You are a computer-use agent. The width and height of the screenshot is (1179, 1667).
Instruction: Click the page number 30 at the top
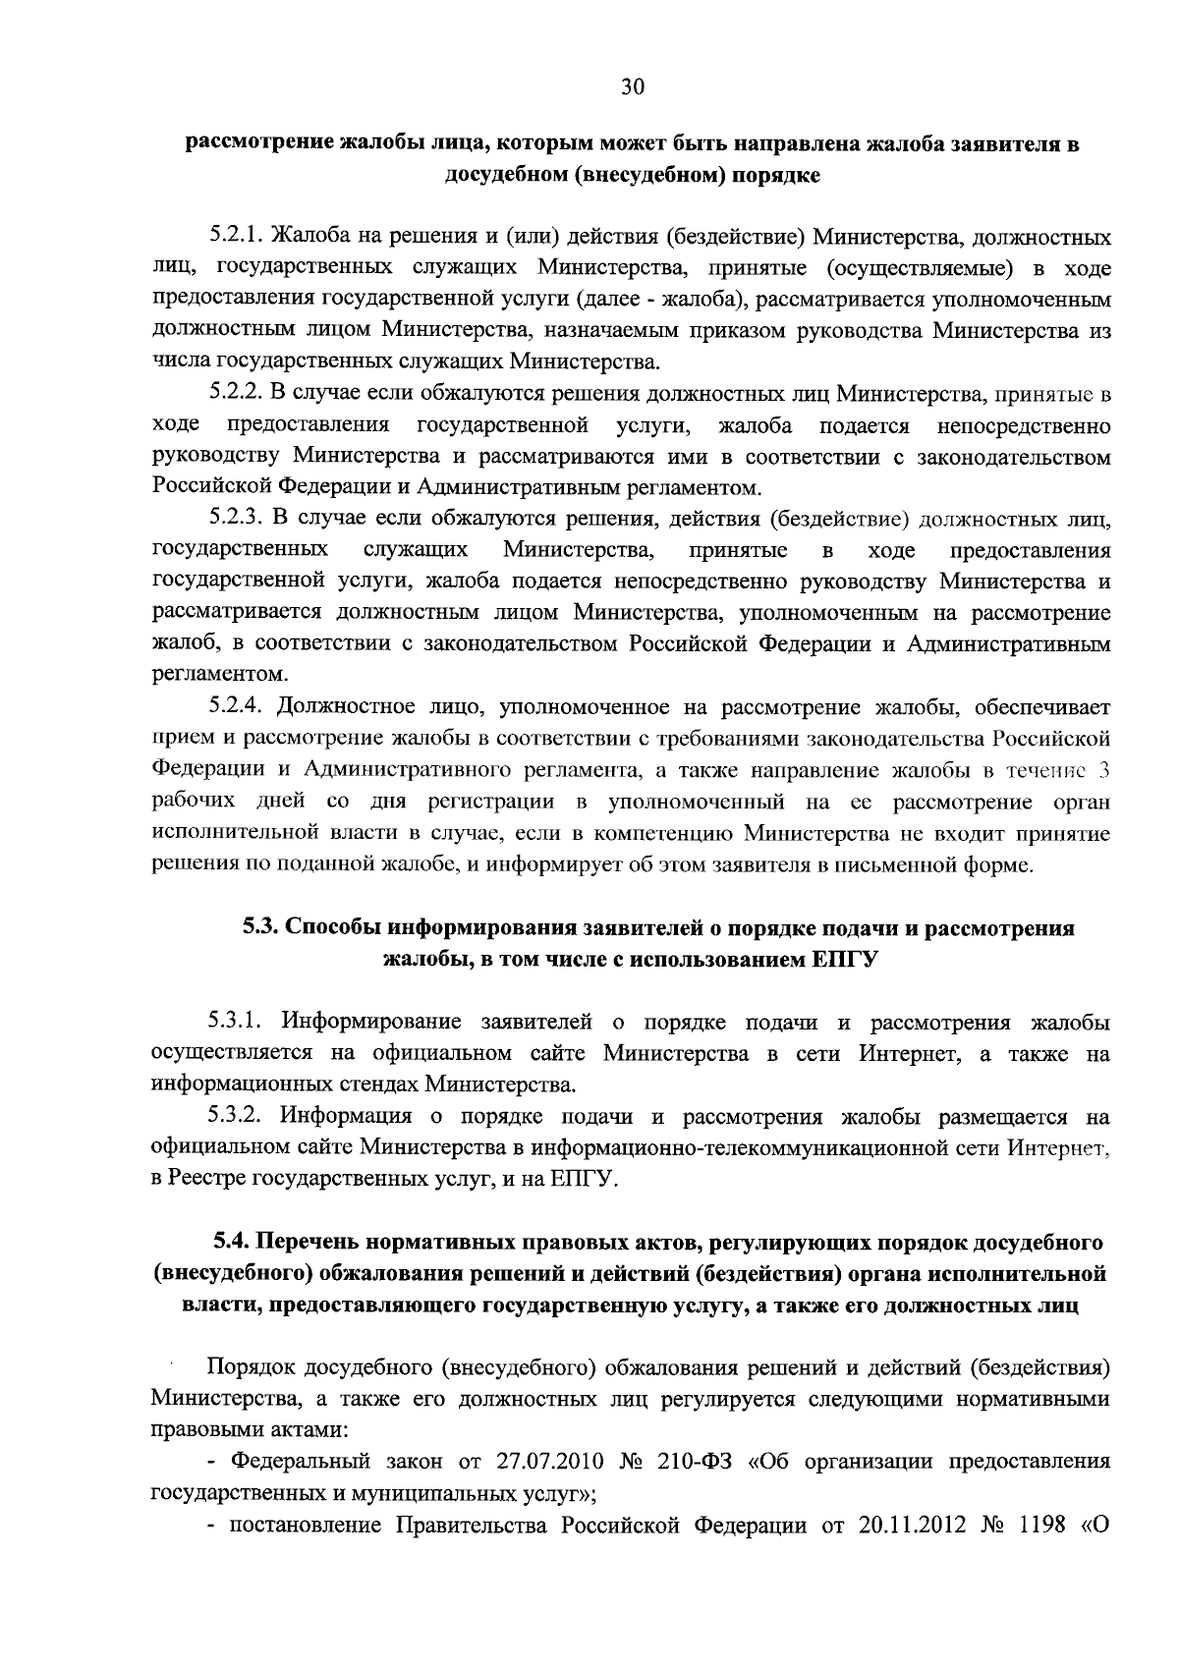point(633,87)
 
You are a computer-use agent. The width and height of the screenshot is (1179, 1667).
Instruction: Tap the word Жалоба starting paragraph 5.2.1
point(307,237)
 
